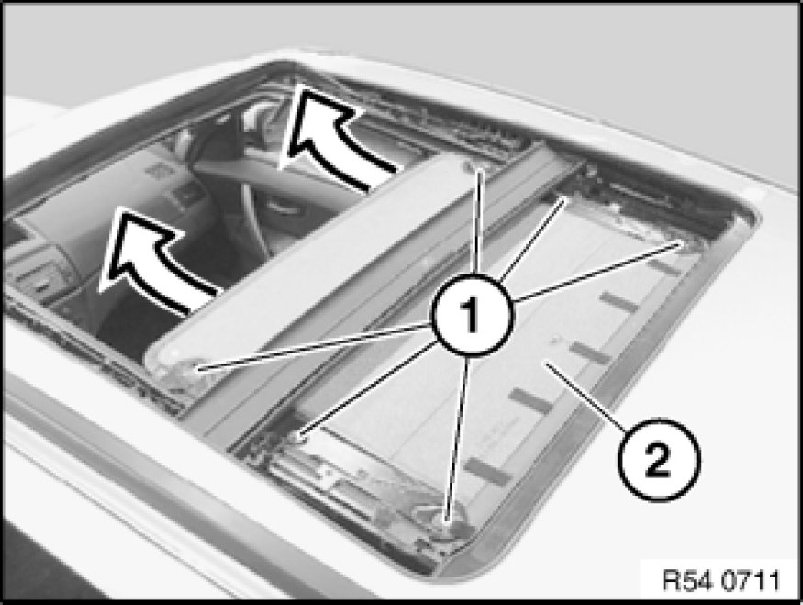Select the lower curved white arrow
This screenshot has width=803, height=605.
153,256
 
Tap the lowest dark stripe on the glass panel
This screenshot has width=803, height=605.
487,471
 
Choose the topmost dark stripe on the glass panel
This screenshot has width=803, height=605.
663,266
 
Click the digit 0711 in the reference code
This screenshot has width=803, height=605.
752,581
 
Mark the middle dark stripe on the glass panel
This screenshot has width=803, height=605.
589,353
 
